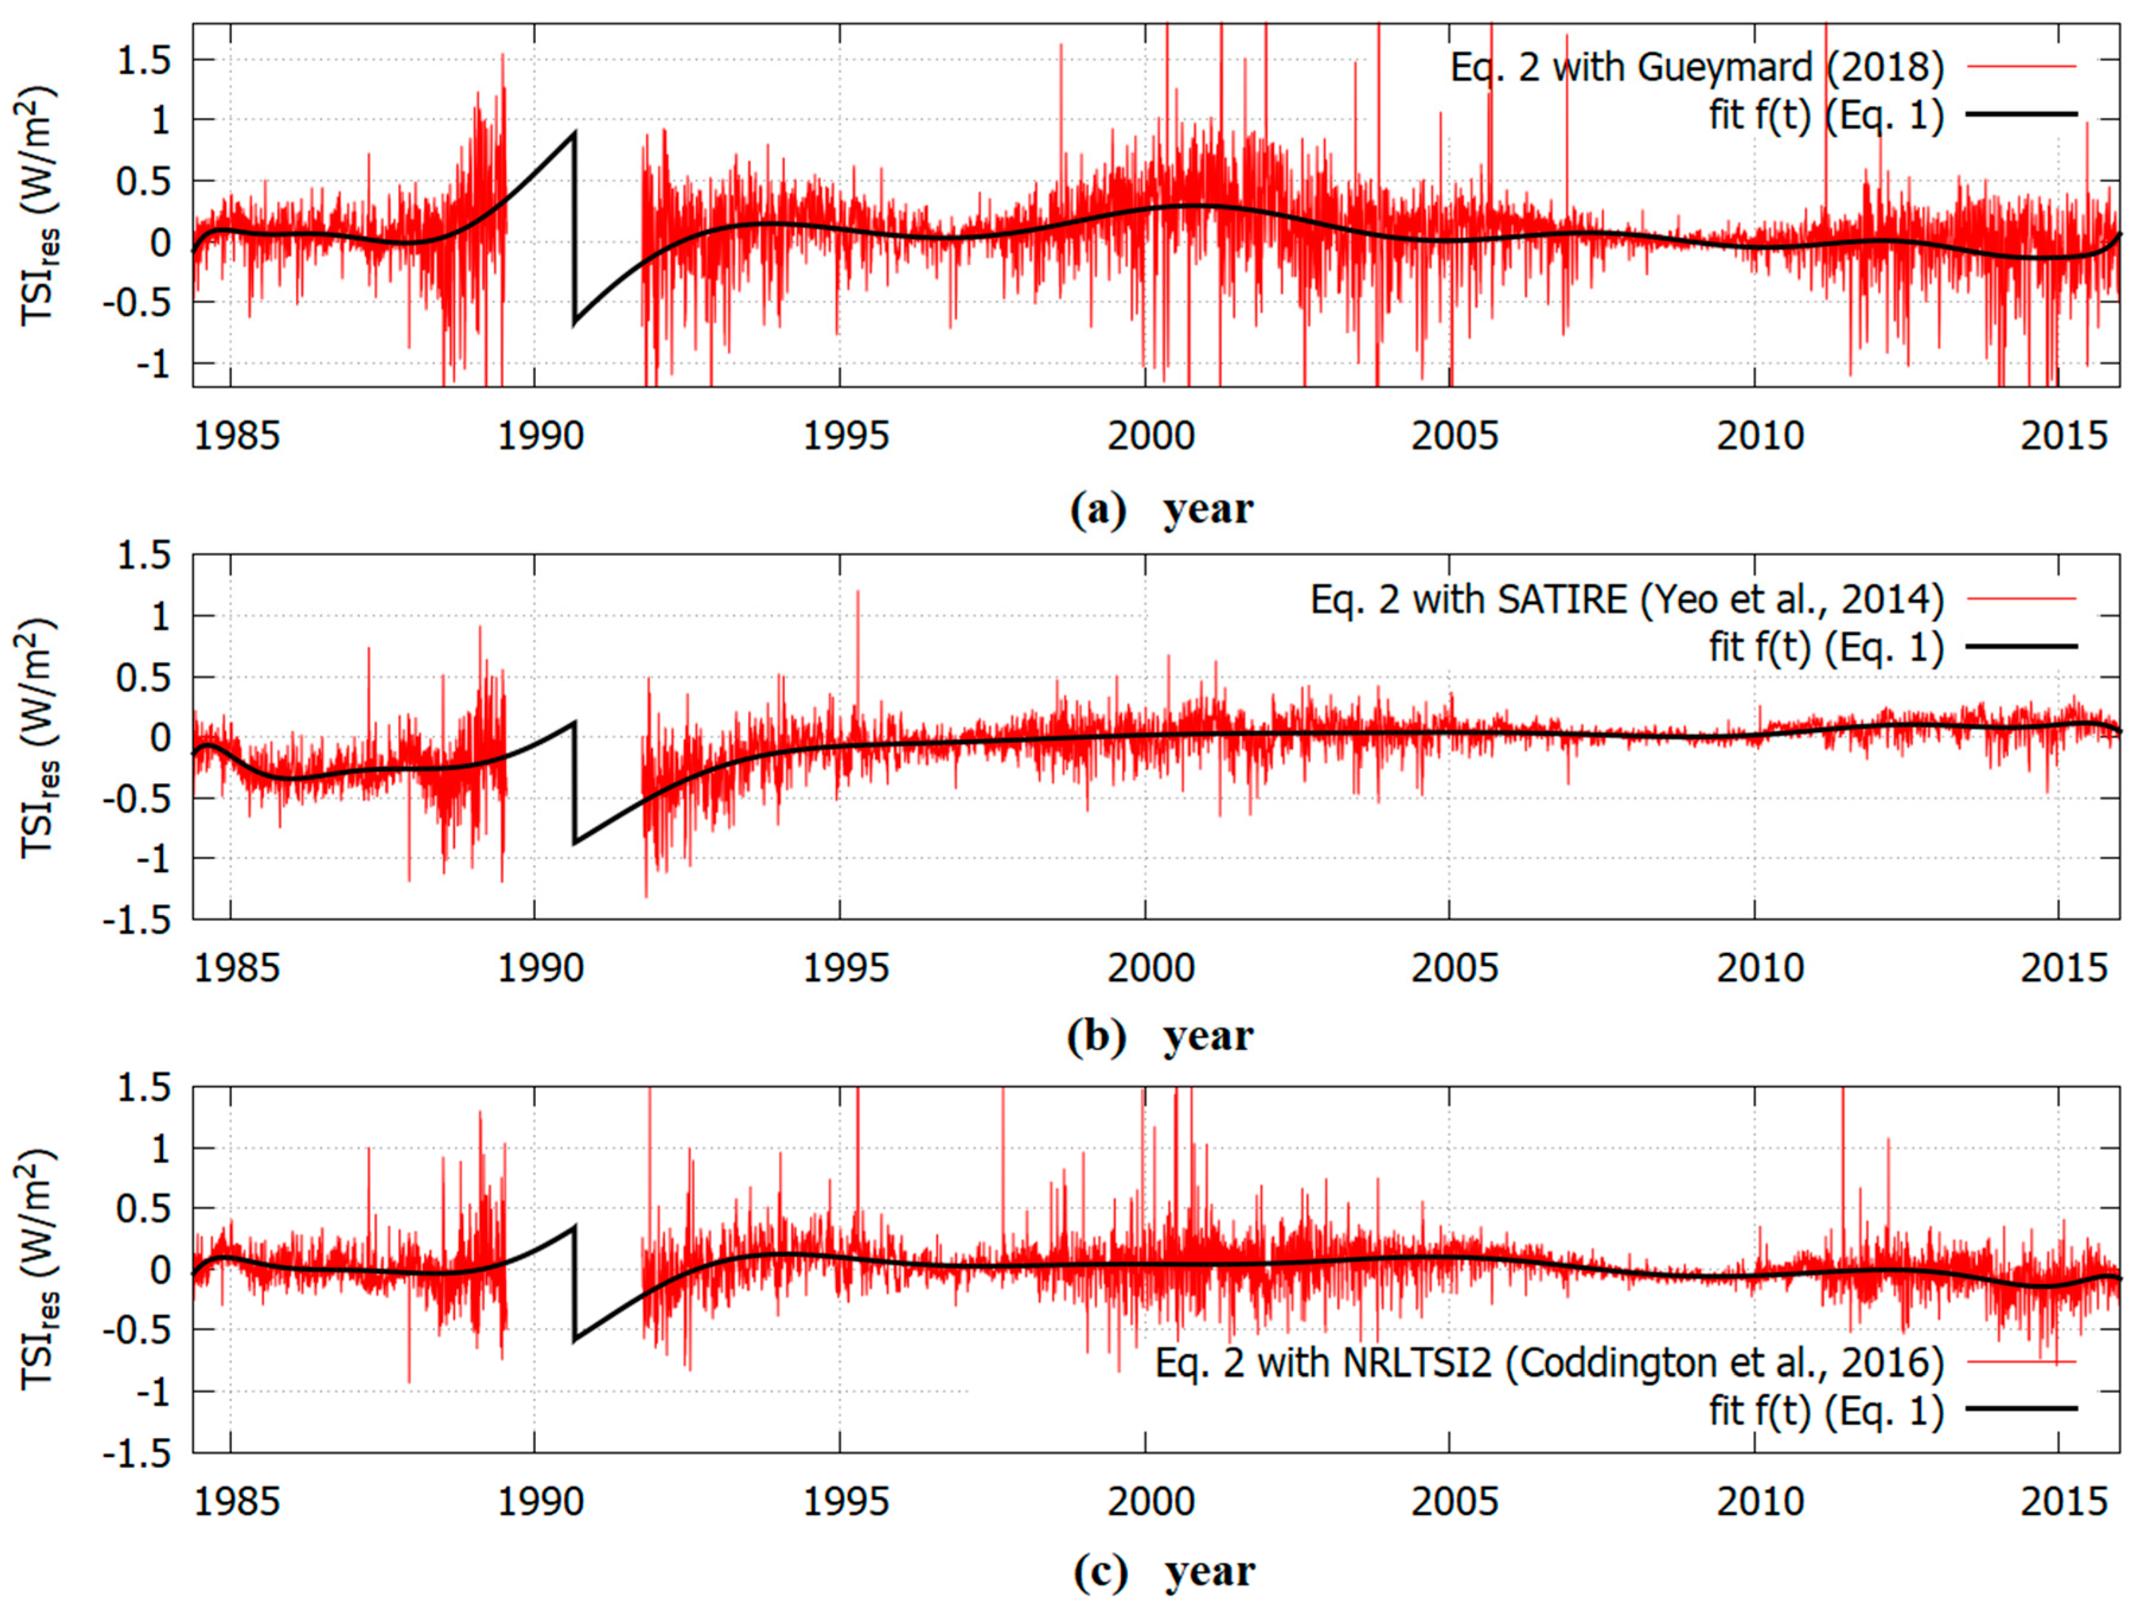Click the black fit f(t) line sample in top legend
[2021, 115]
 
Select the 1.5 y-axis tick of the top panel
[144, 61]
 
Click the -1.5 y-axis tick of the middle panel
[135, 919]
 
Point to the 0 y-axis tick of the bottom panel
[160, 1270]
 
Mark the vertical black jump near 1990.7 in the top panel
[575, 228]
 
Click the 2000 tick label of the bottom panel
[1150, 1502]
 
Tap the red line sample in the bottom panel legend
[2021, 1362]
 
